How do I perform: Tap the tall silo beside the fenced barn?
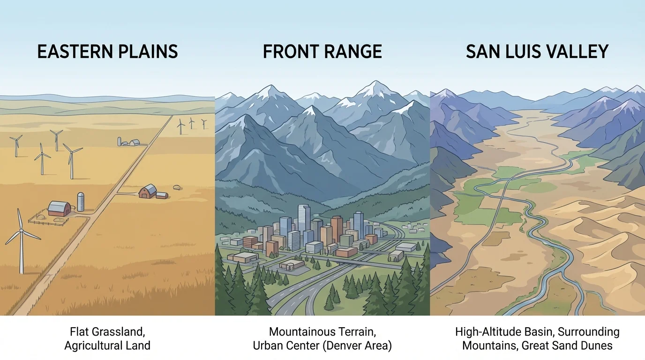click(x=81, y=201)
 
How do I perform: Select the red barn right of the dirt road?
click(x=149, y=191)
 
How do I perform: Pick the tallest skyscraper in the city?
click(x=304, y=220)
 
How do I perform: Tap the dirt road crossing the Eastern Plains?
click(x=94, y=216)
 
